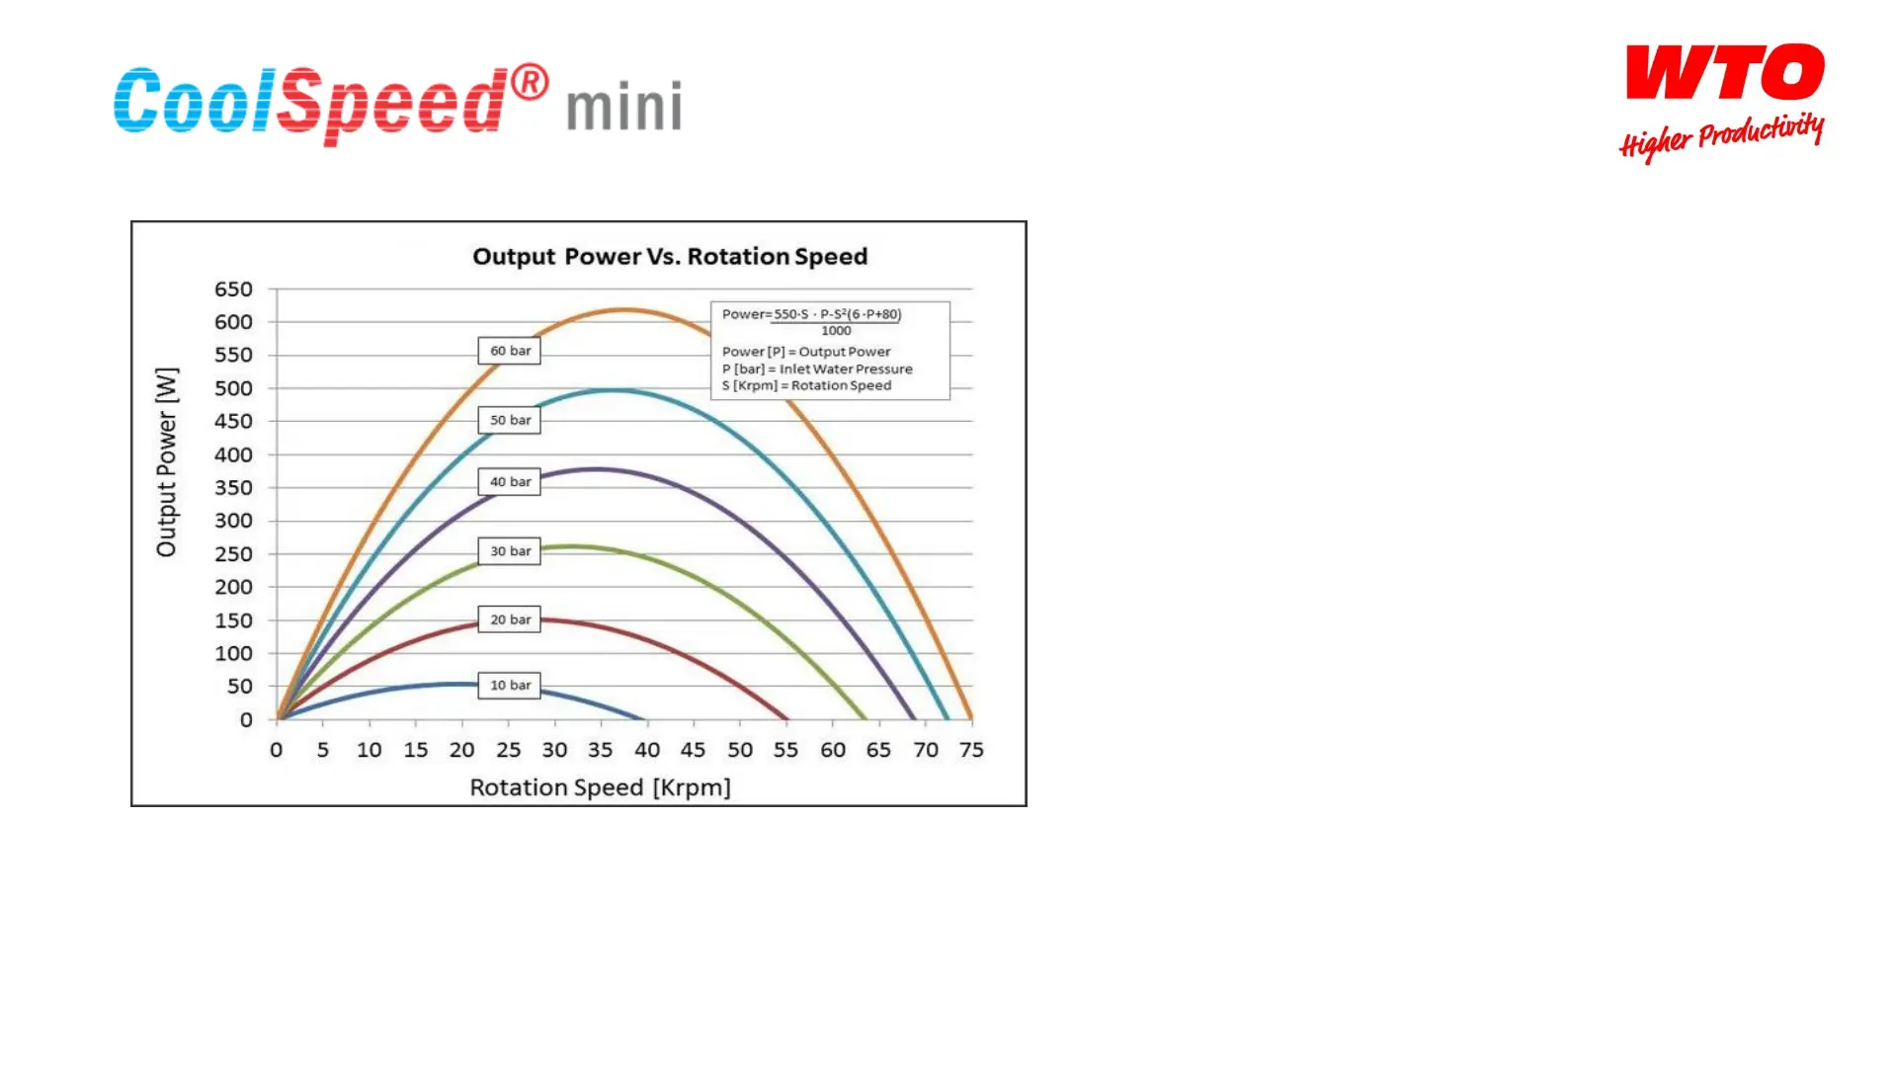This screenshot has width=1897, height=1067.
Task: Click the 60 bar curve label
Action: click(x=510, y=351)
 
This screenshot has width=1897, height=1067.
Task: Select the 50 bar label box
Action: click(x=510, y=420)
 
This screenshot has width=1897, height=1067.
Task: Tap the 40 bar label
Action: click(x=510, y=481)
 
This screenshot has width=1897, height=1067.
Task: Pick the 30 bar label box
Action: click(x=510, y=550)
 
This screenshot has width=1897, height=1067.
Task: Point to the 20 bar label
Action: click(x=510, y=618)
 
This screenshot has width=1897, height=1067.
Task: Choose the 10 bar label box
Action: click(x=510, y=685)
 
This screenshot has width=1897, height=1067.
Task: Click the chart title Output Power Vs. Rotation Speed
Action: click(x=670, y=257)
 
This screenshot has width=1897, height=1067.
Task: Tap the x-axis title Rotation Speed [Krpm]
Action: click(x=600, y=787)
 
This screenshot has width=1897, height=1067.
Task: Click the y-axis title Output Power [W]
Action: click(x=167, y=462)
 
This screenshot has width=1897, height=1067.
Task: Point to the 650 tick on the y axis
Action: click(x=233, y=289)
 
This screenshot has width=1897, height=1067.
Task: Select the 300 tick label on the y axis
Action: click(x=233, y=521)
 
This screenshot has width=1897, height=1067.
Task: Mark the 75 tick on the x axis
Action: click(x=971, y=750)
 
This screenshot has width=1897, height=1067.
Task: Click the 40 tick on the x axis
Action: click(x=647, y=750)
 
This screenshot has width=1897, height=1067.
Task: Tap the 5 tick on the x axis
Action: click(x=323, y=750)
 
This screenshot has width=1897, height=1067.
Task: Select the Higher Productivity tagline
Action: click(x=1721, y=136)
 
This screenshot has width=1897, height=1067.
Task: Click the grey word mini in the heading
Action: click(x=624, y=106)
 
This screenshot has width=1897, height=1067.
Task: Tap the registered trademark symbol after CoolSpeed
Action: click(x=531, y=82)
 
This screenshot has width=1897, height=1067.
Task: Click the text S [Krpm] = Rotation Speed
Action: click(x=806, y=385)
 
